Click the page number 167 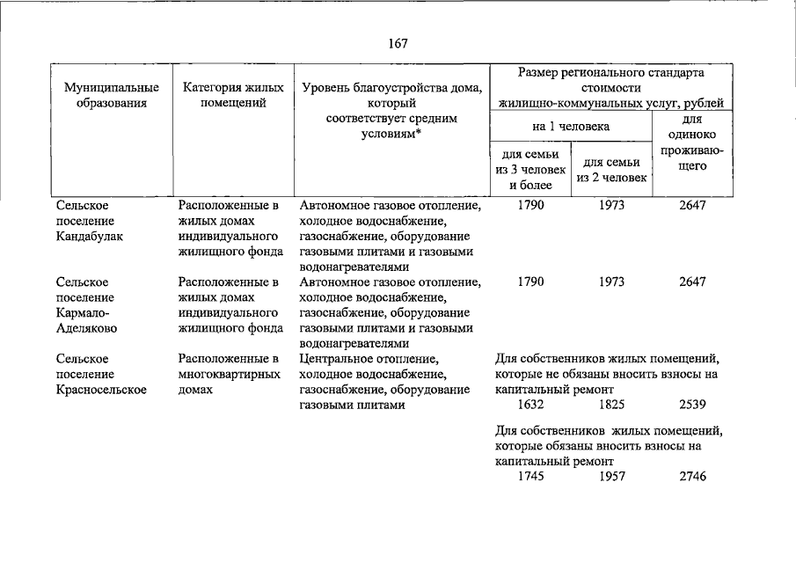coord(398,43)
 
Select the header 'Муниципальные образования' coord(112,95)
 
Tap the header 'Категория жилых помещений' coord(233,95)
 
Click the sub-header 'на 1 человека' coord(571,127)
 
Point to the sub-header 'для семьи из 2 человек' coord(612,170)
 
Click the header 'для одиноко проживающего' coord(692,142)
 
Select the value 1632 coord(530,405)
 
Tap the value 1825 coord(612,405)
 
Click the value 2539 coord(693,405)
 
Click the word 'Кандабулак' coord(90,237)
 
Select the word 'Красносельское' coord(100,390)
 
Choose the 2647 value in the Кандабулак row coord(693,206)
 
